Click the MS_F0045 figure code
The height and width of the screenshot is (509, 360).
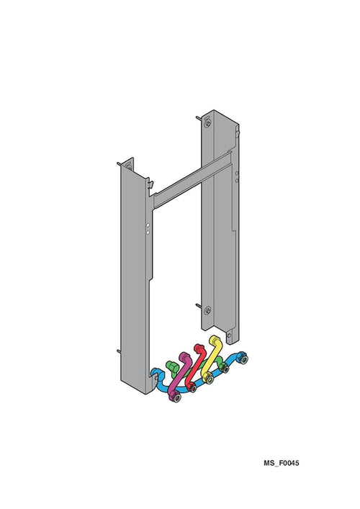point(281,463)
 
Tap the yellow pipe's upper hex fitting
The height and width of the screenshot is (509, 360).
point(215,341)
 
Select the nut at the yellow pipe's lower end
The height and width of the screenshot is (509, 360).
point(208,379)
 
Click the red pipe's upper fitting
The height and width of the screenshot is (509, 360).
point(198,348)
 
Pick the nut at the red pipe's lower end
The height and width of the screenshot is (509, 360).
point(192,387)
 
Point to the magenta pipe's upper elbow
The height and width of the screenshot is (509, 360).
point(184,357)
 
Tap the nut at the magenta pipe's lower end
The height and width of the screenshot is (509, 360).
point(175,397)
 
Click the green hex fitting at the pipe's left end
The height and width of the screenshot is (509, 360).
point(171,366)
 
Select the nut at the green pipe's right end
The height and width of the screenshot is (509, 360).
point(224,368)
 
